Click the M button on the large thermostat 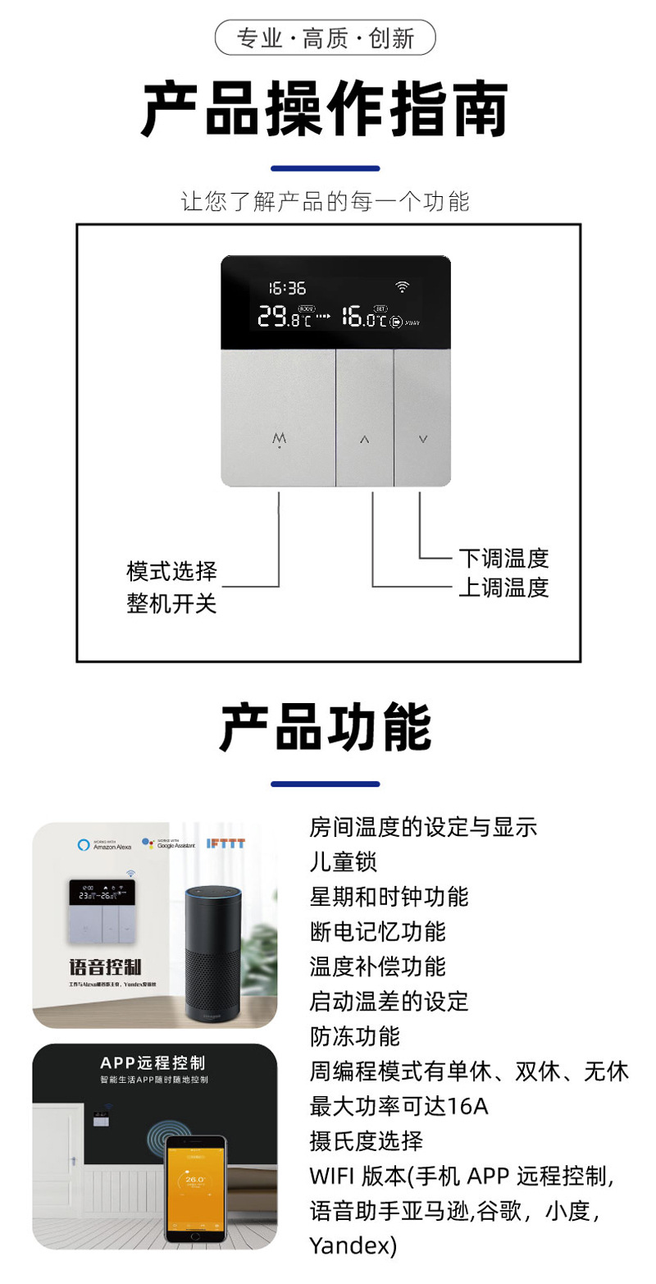[x=280, y=439]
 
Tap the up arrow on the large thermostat [x=365, y=439]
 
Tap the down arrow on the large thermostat [x=423, y=439]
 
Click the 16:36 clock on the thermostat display [x=286, y=288]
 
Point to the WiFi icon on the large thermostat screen [x=402, y=287]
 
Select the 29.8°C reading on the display [x=284, y=317]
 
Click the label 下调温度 [x=503, y=559]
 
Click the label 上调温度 [x=503, y=587]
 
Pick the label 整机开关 [x=171, y=604]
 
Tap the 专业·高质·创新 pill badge [x=325, y=38]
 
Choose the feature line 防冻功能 [x=354, y=1035]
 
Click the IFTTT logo [x=225, y=843]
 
